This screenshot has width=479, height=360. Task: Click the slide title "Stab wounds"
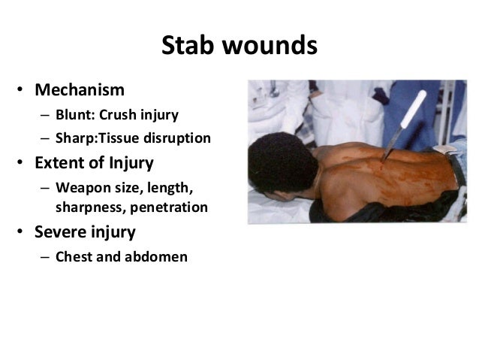coord(239,47)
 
